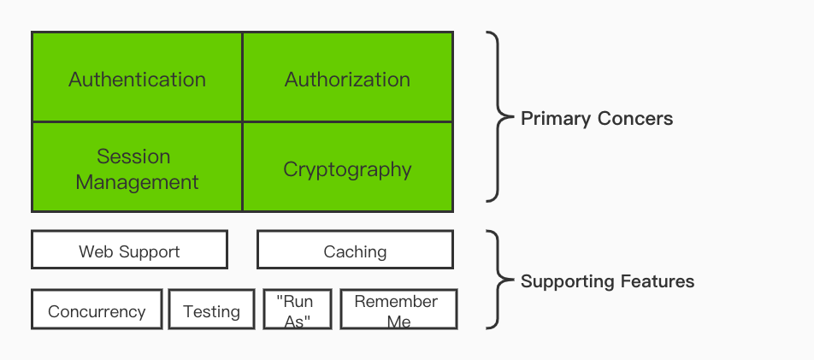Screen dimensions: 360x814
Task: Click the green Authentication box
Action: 137,79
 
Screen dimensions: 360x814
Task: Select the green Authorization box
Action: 347,79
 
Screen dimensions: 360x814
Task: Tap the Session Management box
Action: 137,168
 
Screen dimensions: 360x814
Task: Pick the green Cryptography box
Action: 347,168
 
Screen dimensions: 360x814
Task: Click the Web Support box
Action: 129,251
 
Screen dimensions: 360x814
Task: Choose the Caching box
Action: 355,251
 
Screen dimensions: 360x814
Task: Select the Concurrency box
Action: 97,310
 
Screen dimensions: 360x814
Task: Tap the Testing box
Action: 211,310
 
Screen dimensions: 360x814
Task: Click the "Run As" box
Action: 297,310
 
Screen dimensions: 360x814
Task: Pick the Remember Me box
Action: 398,310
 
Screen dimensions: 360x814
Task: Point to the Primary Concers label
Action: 597,119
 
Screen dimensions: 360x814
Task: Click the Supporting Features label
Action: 607,280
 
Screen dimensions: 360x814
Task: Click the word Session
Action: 133,156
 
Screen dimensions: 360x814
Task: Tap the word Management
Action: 137,182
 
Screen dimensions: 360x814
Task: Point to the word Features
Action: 656,280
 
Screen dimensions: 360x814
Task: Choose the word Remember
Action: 396,301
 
